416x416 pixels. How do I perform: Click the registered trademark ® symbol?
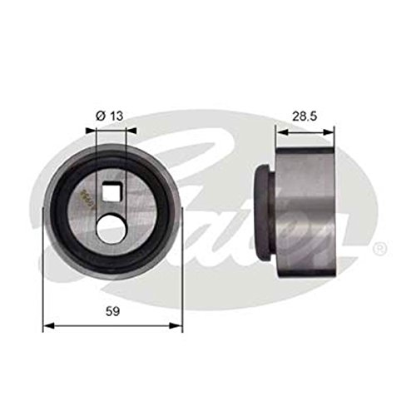379,248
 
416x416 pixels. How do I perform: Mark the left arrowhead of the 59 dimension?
47,326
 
